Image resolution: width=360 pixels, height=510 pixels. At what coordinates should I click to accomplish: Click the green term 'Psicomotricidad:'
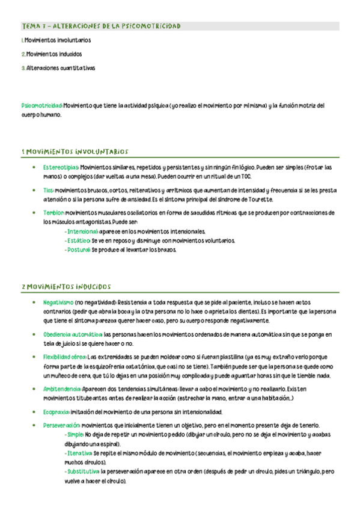pos(41,105)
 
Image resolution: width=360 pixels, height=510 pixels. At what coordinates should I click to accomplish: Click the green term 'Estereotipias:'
pos(61,167)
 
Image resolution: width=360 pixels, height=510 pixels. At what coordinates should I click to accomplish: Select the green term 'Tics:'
pos(49,190)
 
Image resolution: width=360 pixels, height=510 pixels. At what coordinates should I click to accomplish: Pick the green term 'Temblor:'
pos(53,213)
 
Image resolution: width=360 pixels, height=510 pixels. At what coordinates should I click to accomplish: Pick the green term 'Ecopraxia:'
pos(56,412)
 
